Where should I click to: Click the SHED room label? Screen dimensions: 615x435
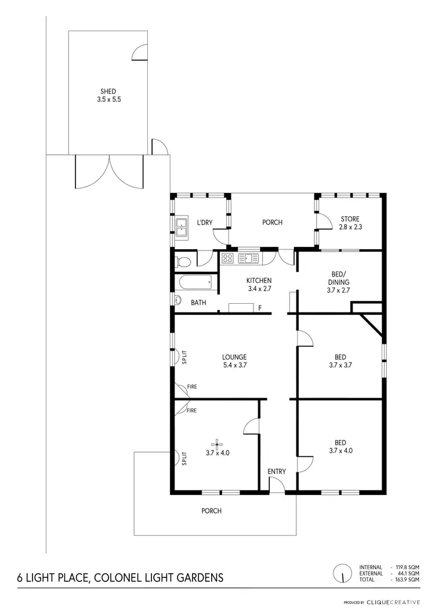(x=108, y=91)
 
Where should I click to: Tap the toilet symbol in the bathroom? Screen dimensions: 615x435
(x=183, y=262)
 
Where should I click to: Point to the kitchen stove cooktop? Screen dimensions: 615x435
(x=228, y=259)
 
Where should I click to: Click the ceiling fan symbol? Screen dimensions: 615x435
(x=217, y=445)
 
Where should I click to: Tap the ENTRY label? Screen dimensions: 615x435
(x=277, y=471)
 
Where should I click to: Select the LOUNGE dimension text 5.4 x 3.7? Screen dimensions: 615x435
(x=234, y=365)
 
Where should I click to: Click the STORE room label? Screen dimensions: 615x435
(x=350, y=219)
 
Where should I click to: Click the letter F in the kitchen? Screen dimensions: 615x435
(x=260, y=307)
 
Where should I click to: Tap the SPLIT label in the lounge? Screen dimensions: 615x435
(x=184, y=357)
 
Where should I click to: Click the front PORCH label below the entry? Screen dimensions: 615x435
(x=211, y=511)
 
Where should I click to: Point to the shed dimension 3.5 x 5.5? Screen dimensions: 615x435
(x=108, y=99)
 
